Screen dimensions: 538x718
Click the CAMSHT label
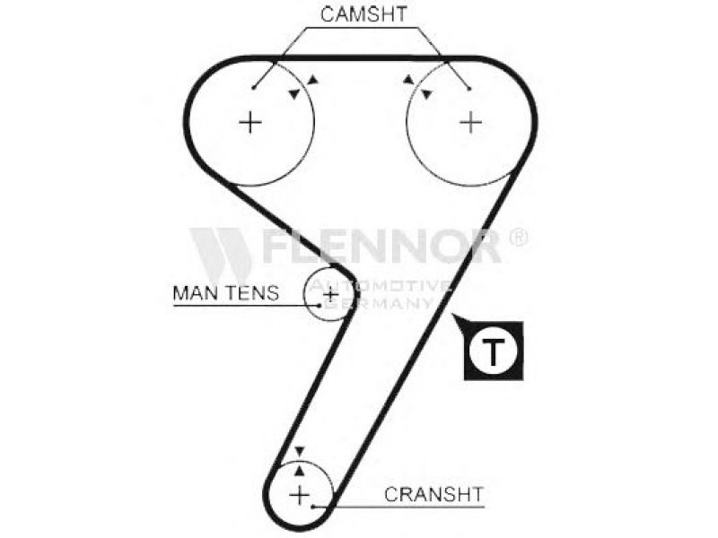(x=364, y=14)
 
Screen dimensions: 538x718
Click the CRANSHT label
(x=434, y=494)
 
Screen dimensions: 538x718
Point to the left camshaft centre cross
(x=250, y=122)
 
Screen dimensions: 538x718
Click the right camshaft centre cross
(x=470, y=122)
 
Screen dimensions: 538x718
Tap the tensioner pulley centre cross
(x=330, y=293)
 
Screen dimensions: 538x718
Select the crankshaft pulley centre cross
(x=300, y=493)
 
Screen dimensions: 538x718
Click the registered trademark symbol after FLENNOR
(x=518, y=237)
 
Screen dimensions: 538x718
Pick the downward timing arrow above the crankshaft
(x=301, y=452)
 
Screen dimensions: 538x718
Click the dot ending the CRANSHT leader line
(x=312, y=507)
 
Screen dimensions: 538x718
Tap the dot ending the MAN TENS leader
(x=320, y=304)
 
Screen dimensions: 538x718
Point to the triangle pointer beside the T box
(x=456, y=318)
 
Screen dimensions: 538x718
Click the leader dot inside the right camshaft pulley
(x=469, y=88)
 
